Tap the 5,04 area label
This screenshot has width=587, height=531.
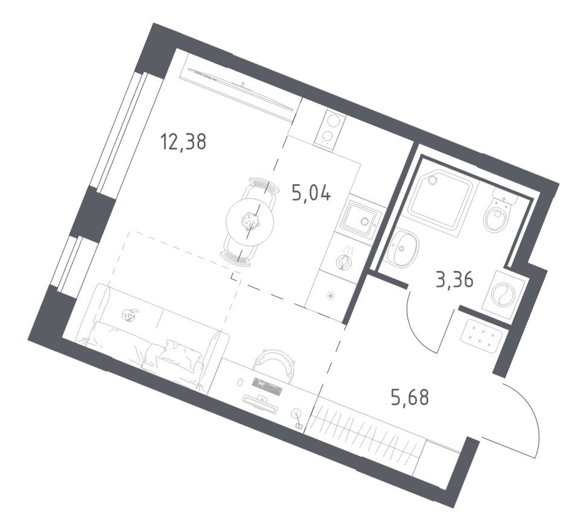coord(311,195)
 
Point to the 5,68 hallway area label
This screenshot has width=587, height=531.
coord(409,398)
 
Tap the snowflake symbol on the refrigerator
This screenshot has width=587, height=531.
coord(329,295)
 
